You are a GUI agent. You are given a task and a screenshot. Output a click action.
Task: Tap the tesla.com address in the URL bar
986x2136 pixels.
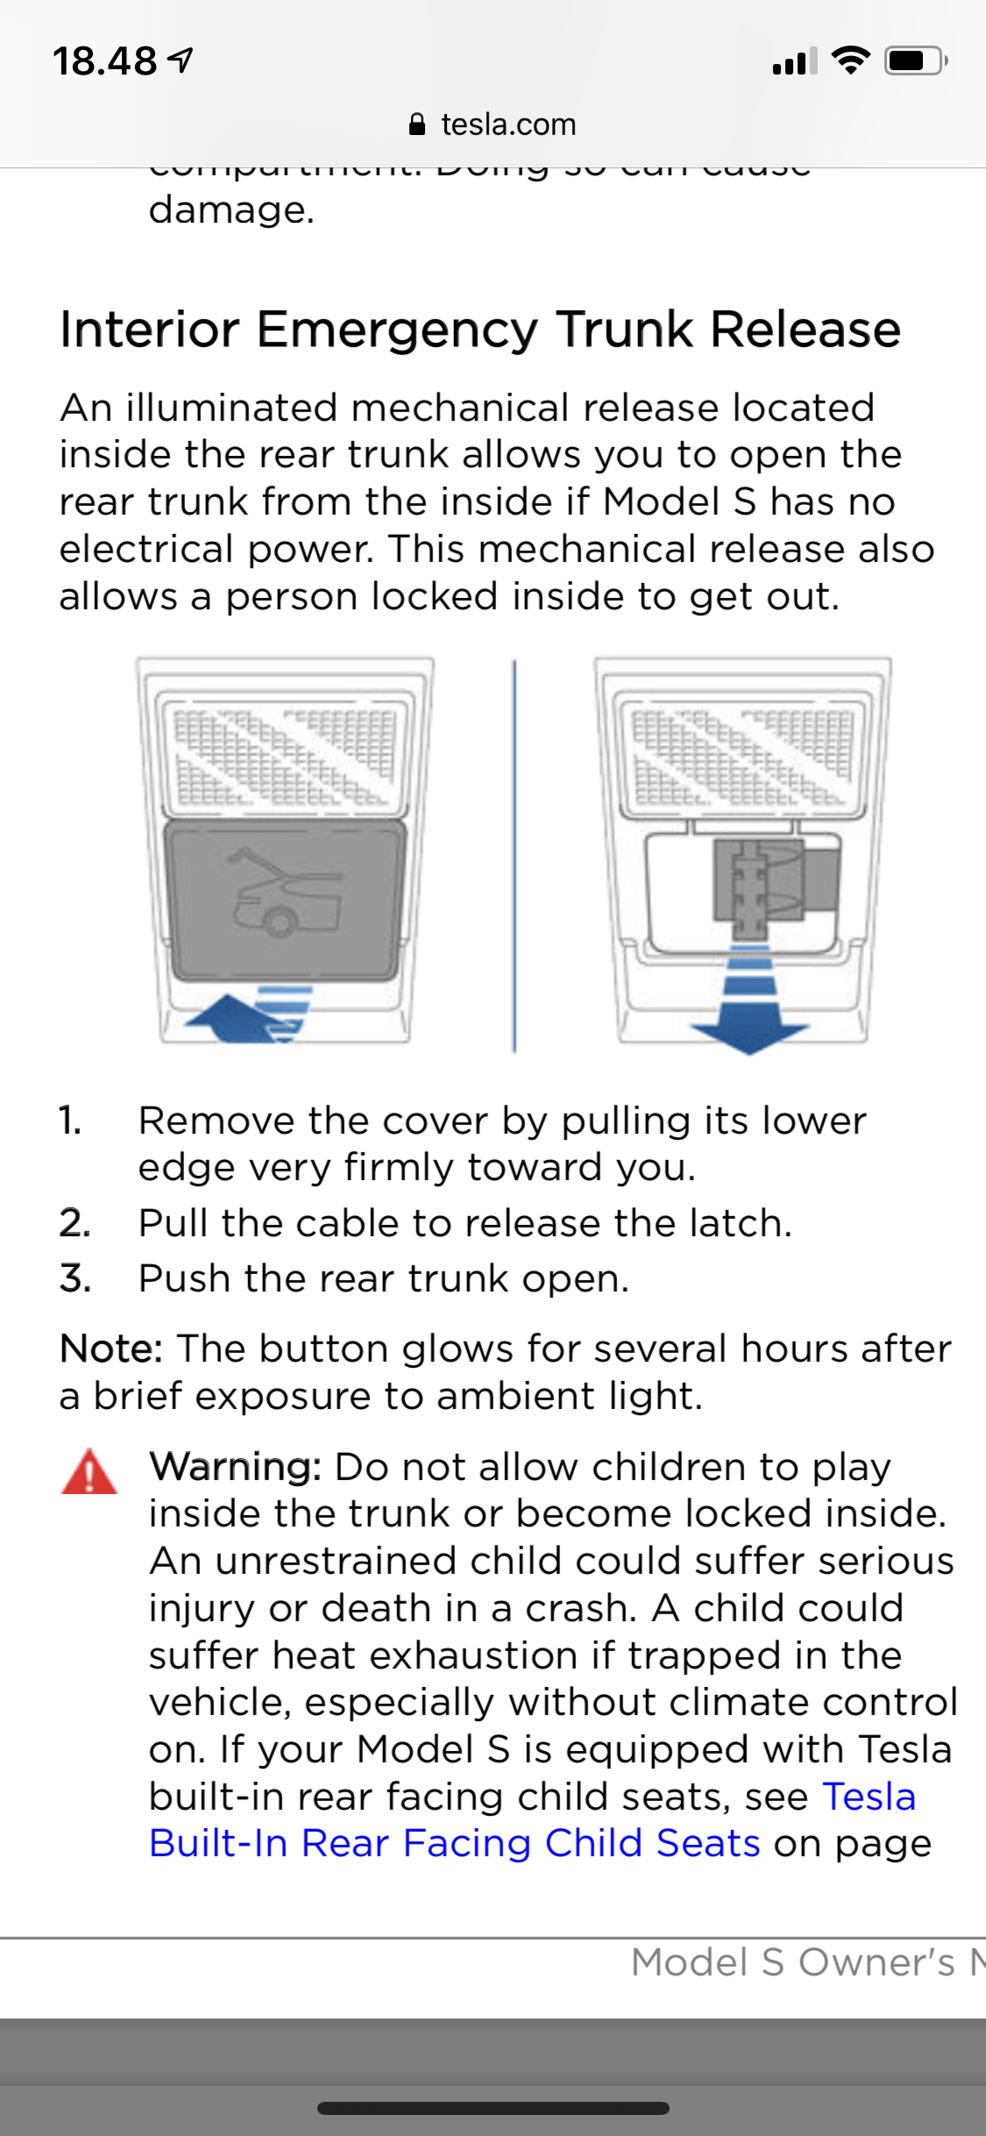tap(508, 125)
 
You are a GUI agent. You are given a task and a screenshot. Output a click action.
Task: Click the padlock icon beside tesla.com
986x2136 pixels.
tap(418, 125)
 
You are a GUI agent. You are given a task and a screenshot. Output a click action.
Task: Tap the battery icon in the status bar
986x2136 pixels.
tap(915, 61)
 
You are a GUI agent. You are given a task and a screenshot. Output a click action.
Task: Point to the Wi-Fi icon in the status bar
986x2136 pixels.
tap(849, 61)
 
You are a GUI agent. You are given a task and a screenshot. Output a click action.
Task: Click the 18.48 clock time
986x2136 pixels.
tap(105, 61)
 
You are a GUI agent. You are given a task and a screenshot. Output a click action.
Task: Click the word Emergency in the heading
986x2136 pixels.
tap(398, 330)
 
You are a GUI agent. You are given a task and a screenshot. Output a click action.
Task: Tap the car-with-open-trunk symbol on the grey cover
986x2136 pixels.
tap(283, 892)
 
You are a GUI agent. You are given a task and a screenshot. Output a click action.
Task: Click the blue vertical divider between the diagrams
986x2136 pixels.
tap(514, 856)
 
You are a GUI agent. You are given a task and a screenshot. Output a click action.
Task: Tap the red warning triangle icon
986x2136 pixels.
tap(89, 1472)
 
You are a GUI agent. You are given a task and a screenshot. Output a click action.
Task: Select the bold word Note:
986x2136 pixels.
tap(111, 1349)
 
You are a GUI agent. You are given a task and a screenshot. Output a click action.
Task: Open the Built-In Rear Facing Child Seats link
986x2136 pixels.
tap(454, 1843)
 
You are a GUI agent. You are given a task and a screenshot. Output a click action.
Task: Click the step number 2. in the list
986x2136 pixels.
tap(74, 1223)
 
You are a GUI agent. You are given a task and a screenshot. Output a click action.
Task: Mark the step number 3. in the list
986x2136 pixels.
tap(74, 1278)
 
